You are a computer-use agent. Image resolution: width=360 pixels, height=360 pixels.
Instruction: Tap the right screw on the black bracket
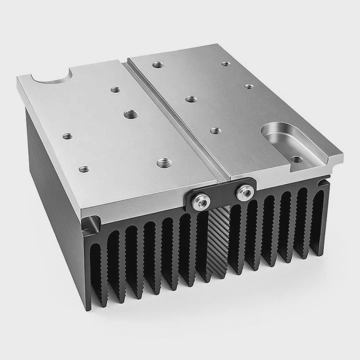pyautogui.click(x=244, y=191)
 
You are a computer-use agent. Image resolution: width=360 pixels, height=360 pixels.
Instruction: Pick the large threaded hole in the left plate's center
pyautogui.click(x=131, y=113)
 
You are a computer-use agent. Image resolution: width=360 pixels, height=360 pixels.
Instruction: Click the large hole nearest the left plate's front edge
pyautogui.click(x=162, y=162)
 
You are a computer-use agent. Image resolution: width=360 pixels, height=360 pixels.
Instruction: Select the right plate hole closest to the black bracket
pyautogui.click(x=215, y=131)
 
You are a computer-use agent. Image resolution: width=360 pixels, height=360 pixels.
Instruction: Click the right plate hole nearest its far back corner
pyautogui.click(x=226, y=64)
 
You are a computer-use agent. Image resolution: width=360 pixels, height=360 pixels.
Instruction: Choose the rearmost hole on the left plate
pyautogui.click(x=115, y=90)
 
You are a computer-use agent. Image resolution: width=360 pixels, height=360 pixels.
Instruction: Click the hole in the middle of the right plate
pyautogui.click(x=190, y=99)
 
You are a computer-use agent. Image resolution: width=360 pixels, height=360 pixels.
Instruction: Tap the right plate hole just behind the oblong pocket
pyautogui.click(x=249, y=86)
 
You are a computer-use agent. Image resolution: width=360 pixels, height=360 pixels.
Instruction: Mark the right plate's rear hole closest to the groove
pyautogui.click(x=157, y=64)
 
